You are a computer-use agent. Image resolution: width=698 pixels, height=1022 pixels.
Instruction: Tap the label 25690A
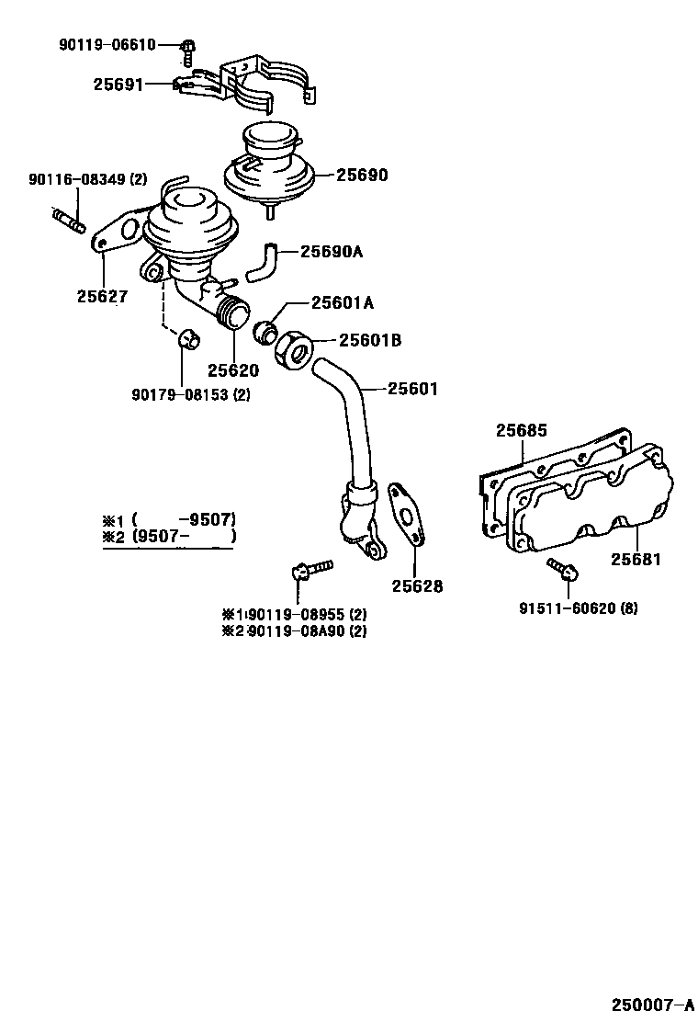click(332, 250)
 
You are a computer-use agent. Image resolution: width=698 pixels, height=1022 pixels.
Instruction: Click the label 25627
click(102, 297)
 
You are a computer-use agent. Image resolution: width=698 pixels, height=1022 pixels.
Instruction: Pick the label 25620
click(232, 370)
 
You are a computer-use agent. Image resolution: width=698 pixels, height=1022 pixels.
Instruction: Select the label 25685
click(521, 429)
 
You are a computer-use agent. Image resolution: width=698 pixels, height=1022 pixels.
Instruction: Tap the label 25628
click(417, 585)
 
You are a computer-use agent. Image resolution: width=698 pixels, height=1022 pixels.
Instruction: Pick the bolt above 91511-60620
click(561, 570)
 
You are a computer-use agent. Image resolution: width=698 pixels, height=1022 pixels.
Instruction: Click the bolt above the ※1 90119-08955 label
click(306, 573)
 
